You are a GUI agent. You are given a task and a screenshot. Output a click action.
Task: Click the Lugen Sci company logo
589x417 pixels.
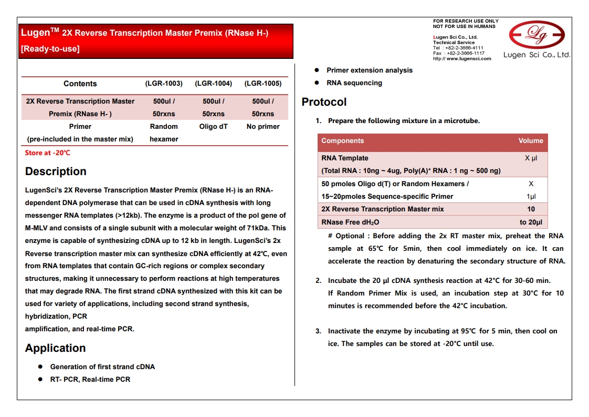(x=537, y=36)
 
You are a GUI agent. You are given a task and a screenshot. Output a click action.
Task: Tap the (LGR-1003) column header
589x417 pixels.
(x=164, y=84)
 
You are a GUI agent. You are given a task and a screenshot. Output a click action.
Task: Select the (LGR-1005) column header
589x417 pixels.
(x=263, y=84)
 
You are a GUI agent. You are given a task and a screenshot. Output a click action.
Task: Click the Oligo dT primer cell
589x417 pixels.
(x=213, y=127)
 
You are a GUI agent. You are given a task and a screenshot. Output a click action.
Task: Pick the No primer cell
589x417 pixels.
(x=263, y=127)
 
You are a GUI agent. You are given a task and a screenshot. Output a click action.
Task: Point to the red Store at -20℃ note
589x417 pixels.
(x=47, y=153)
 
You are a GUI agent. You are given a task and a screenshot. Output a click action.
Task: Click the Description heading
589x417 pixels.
(x=56, y=171)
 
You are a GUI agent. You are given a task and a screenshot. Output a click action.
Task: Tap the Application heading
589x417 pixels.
(x=55, y=348)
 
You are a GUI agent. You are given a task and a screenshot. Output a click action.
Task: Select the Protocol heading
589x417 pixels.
(x=324, y=102)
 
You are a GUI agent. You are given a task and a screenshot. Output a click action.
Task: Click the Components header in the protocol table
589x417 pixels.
(x=342, y=141)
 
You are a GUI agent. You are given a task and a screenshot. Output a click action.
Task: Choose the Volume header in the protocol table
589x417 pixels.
(x=531, y=141)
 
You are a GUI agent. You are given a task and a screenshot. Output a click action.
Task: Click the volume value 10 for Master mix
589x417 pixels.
(x=531, y=209)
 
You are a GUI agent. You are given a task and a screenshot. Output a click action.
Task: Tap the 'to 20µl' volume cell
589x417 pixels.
(x=531, y=222)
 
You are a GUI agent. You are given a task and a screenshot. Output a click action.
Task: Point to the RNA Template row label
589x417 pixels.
(x=345, y=158)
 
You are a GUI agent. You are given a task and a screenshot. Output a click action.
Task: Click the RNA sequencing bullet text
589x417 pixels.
(x=354, y=83)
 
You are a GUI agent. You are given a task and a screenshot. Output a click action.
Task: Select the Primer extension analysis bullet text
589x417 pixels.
(x=370, y=70)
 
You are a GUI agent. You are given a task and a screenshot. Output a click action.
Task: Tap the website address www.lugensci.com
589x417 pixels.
(x=469, y=59)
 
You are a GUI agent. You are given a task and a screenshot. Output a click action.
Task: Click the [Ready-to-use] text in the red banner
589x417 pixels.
(x=50, y=49)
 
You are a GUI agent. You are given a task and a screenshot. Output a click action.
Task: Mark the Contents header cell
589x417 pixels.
(x=80, y=84)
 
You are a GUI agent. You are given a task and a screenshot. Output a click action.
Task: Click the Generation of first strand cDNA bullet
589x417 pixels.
(x=102, y=367)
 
